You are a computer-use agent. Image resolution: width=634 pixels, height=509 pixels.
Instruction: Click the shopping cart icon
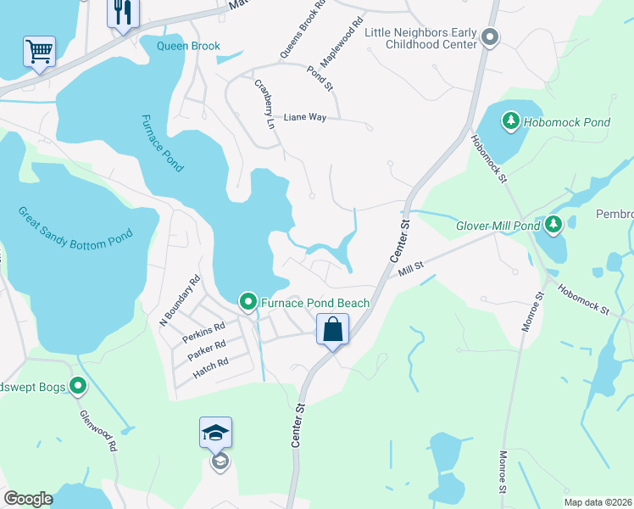click(39, 52)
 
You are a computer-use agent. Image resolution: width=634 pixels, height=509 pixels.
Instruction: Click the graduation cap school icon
click(216, 433)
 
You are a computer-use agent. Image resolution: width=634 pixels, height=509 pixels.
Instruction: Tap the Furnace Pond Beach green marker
click(248, 302)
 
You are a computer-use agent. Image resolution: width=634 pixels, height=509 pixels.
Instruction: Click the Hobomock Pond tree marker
click(511, 122)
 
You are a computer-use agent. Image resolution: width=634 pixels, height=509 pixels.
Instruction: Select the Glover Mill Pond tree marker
click(553, 225)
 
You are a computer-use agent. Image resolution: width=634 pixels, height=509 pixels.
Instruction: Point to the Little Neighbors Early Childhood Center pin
click(489, 37)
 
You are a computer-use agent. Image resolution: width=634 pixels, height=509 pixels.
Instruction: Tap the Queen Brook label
click(188, 46)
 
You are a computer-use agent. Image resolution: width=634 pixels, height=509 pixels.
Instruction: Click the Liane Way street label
click(304, 117)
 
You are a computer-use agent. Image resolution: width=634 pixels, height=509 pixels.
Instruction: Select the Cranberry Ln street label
click(265, 103)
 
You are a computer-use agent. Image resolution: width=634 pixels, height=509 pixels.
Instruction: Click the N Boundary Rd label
click(179, 299)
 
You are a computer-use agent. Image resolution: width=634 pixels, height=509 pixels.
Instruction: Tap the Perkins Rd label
click(203, 330)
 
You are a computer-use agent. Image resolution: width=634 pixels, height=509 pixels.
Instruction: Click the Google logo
click(28, 499)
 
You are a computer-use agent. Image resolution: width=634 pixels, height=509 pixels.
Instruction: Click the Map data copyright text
click(598, 501)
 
